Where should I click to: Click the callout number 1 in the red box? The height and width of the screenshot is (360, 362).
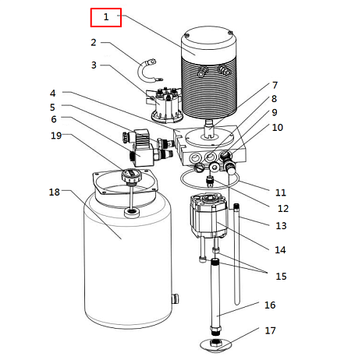click(x=106, y=16)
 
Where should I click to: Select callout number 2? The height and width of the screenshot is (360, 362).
click(x=94, y=43)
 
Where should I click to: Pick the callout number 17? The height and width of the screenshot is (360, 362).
click(x=270, y=330)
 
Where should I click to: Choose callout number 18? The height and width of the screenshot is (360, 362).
click(x=54, y=192)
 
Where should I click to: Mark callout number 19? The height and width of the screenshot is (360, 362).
click(x=55, y=135)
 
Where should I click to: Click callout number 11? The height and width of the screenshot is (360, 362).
click(x=281, y=192)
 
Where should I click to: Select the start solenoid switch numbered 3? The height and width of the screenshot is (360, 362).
click(x=164, y=104)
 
